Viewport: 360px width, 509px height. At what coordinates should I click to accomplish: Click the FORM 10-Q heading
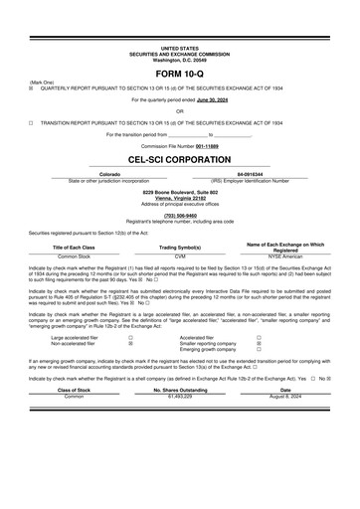tap(179, 75)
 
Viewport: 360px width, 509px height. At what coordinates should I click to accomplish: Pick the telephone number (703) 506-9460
tap(179, 215)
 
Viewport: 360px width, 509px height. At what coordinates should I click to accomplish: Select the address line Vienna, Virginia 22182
tap(179, 198)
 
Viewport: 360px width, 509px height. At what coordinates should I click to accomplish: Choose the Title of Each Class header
tap(74, 248)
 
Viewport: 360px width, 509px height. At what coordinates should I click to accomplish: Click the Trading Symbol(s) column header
tap(179, 248)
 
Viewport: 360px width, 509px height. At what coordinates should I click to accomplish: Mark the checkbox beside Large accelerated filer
tap(131, 338)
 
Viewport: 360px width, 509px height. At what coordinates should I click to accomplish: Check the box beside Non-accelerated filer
tap(131, 344)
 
